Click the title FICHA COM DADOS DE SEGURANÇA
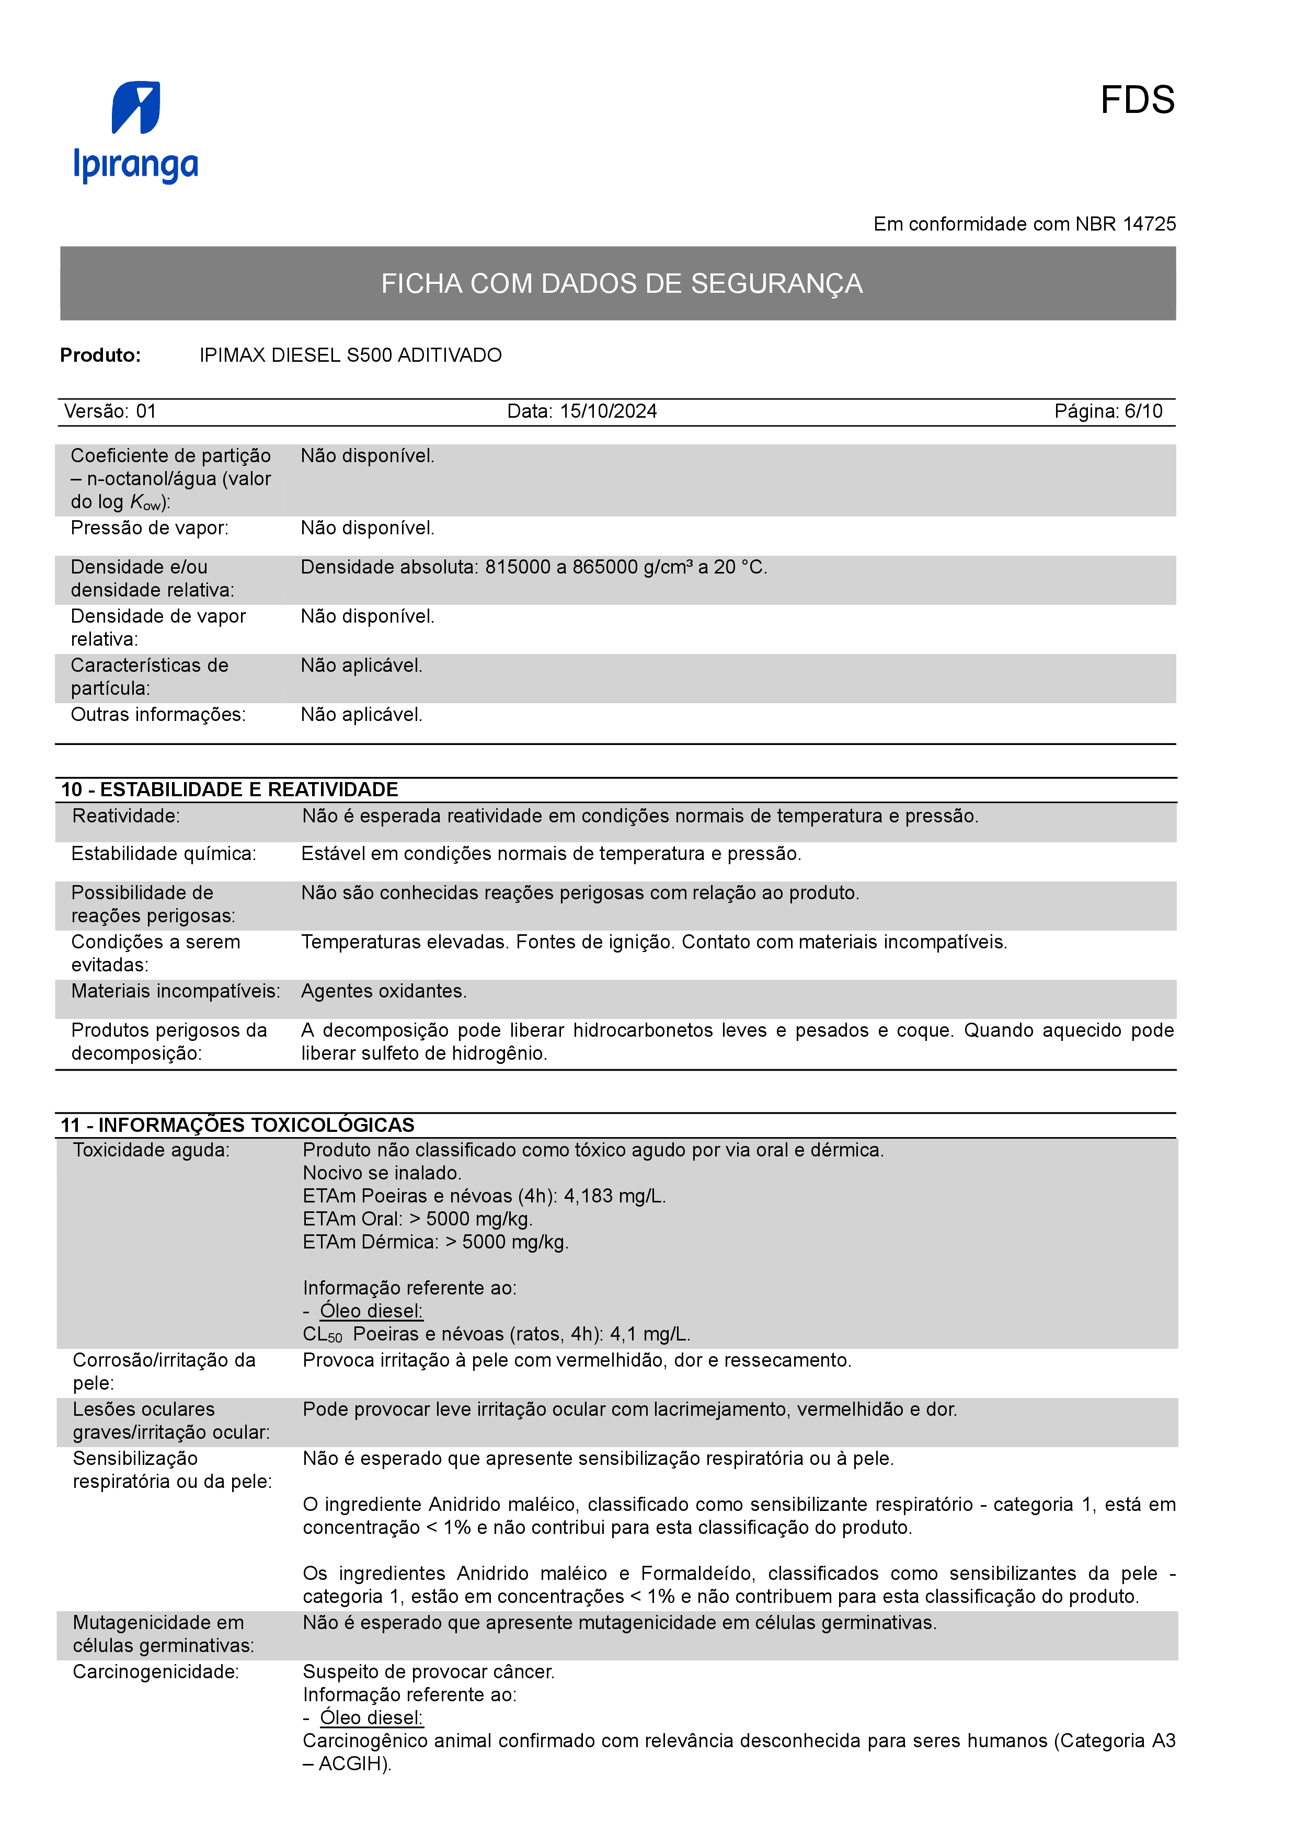pyautogui.click(x=621, y=283)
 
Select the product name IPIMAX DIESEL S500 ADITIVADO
pyautogui.click(x=351, y=356)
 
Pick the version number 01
pyautogui.click(x=146, y=411)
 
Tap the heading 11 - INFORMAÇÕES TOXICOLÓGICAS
pyautogui.click(x=237, y=1126)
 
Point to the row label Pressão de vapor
pyautogui.click(x=150, y=528)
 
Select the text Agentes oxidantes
pyautogui.click(x=383, y=991)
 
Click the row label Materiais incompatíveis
pyautogui.click(x=175, y=991)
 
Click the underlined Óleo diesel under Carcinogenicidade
pyautogui.click(x=371, y=1718)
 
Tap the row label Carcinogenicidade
pyautogui.click(x=156, y=1672)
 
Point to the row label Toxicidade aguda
pyautogui.click(x=151, y=1150)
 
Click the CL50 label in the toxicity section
pyautogui.click(x=322, y=1335)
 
